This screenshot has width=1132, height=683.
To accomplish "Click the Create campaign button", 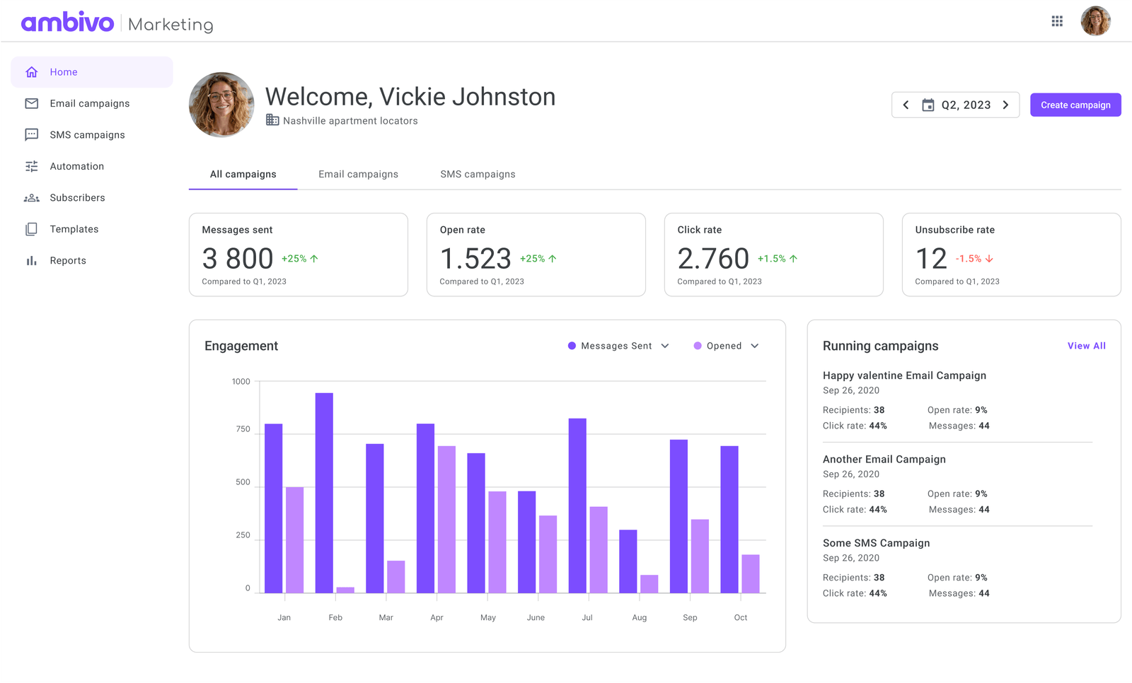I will (x=1075, y=105).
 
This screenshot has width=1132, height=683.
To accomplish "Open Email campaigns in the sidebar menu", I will (x=89, y=103).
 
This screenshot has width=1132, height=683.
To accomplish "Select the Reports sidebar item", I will (x=67, y=260).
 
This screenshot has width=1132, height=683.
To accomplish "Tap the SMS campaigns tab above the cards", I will (x=478, y=174).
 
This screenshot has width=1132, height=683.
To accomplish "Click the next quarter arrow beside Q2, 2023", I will (x=1005, y=105).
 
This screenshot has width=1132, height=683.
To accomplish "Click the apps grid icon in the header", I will (x=1057, y=21).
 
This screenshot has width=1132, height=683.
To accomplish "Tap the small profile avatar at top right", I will (x=1095, y=21).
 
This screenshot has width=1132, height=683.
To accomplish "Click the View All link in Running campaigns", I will (x=1086, y=346).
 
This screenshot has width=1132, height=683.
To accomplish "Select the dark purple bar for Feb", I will (x=324, y=492).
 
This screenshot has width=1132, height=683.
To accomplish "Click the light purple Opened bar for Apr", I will (x=446, y=519).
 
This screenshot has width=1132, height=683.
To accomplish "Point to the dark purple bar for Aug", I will (x=628, y=561).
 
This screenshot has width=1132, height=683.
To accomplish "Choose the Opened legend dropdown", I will (x=726, y=346).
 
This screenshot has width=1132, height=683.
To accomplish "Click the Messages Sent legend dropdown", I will (x=618, y=346).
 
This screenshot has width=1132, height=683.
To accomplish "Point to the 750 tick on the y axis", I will (x=243, y=429).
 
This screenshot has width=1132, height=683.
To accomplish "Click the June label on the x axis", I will (x=536, y=617).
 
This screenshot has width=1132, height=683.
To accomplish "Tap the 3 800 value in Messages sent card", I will (x=238, y=259).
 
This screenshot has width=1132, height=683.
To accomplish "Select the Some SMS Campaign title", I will (x=876, y=543).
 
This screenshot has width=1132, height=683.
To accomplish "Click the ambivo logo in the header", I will (x=67, y=23).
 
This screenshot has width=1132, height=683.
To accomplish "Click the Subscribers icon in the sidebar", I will (x=31, y=198).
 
